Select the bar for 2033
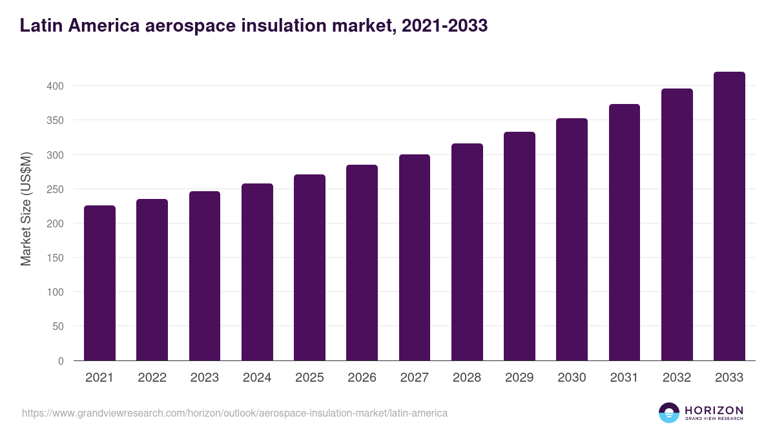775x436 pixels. [x=729, y=216]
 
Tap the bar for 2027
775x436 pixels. [x=415, y=258]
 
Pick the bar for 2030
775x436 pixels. [x=572, y=240]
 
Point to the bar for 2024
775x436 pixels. [x=257, y=272]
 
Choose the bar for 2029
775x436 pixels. [x=519, y=246]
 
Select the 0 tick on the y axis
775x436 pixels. [x=61, y=361]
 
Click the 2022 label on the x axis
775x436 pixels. [x=152, y=378]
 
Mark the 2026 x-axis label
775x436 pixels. [x=362, y=378]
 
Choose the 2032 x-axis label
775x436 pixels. [x=677, y=378]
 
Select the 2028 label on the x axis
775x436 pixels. [x=467, y=378]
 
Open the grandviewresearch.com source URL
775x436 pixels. [x=234, y=413]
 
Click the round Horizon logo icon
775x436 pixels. [x=669, y=413]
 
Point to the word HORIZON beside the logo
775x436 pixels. [x=714, y=410]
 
